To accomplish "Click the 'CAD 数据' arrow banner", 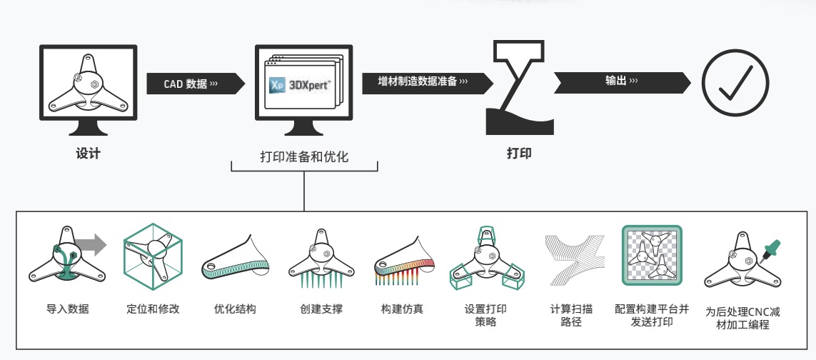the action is click(195, 84).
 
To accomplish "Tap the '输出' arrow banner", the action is click(623, 83).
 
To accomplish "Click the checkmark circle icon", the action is click(735, 83).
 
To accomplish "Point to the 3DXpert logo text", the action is click(309, 85).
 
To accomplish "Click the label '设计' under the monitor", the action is click(88, 153).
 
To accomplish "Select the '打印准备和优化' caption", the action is click(304, 156).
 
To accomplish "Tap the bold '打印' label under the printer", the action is click(519, 153).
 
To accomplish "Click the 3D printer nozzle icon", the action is click(519, 88).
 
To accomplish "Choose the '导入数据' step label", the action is click(68, 309).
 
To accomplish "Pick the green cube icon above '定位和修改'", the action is click(153, 256).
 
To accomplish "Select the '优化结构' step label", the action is click(235, 309).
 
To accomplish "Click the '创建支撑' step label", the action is click(321, 309).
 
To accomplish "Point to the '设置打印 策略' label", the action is click(485, 315).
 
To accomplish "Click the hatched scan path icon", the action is click(575, 259).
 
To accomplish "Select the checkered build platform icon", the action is click(652, 255).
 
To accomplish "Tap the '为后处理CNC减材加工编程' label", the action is click(742, 319).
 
